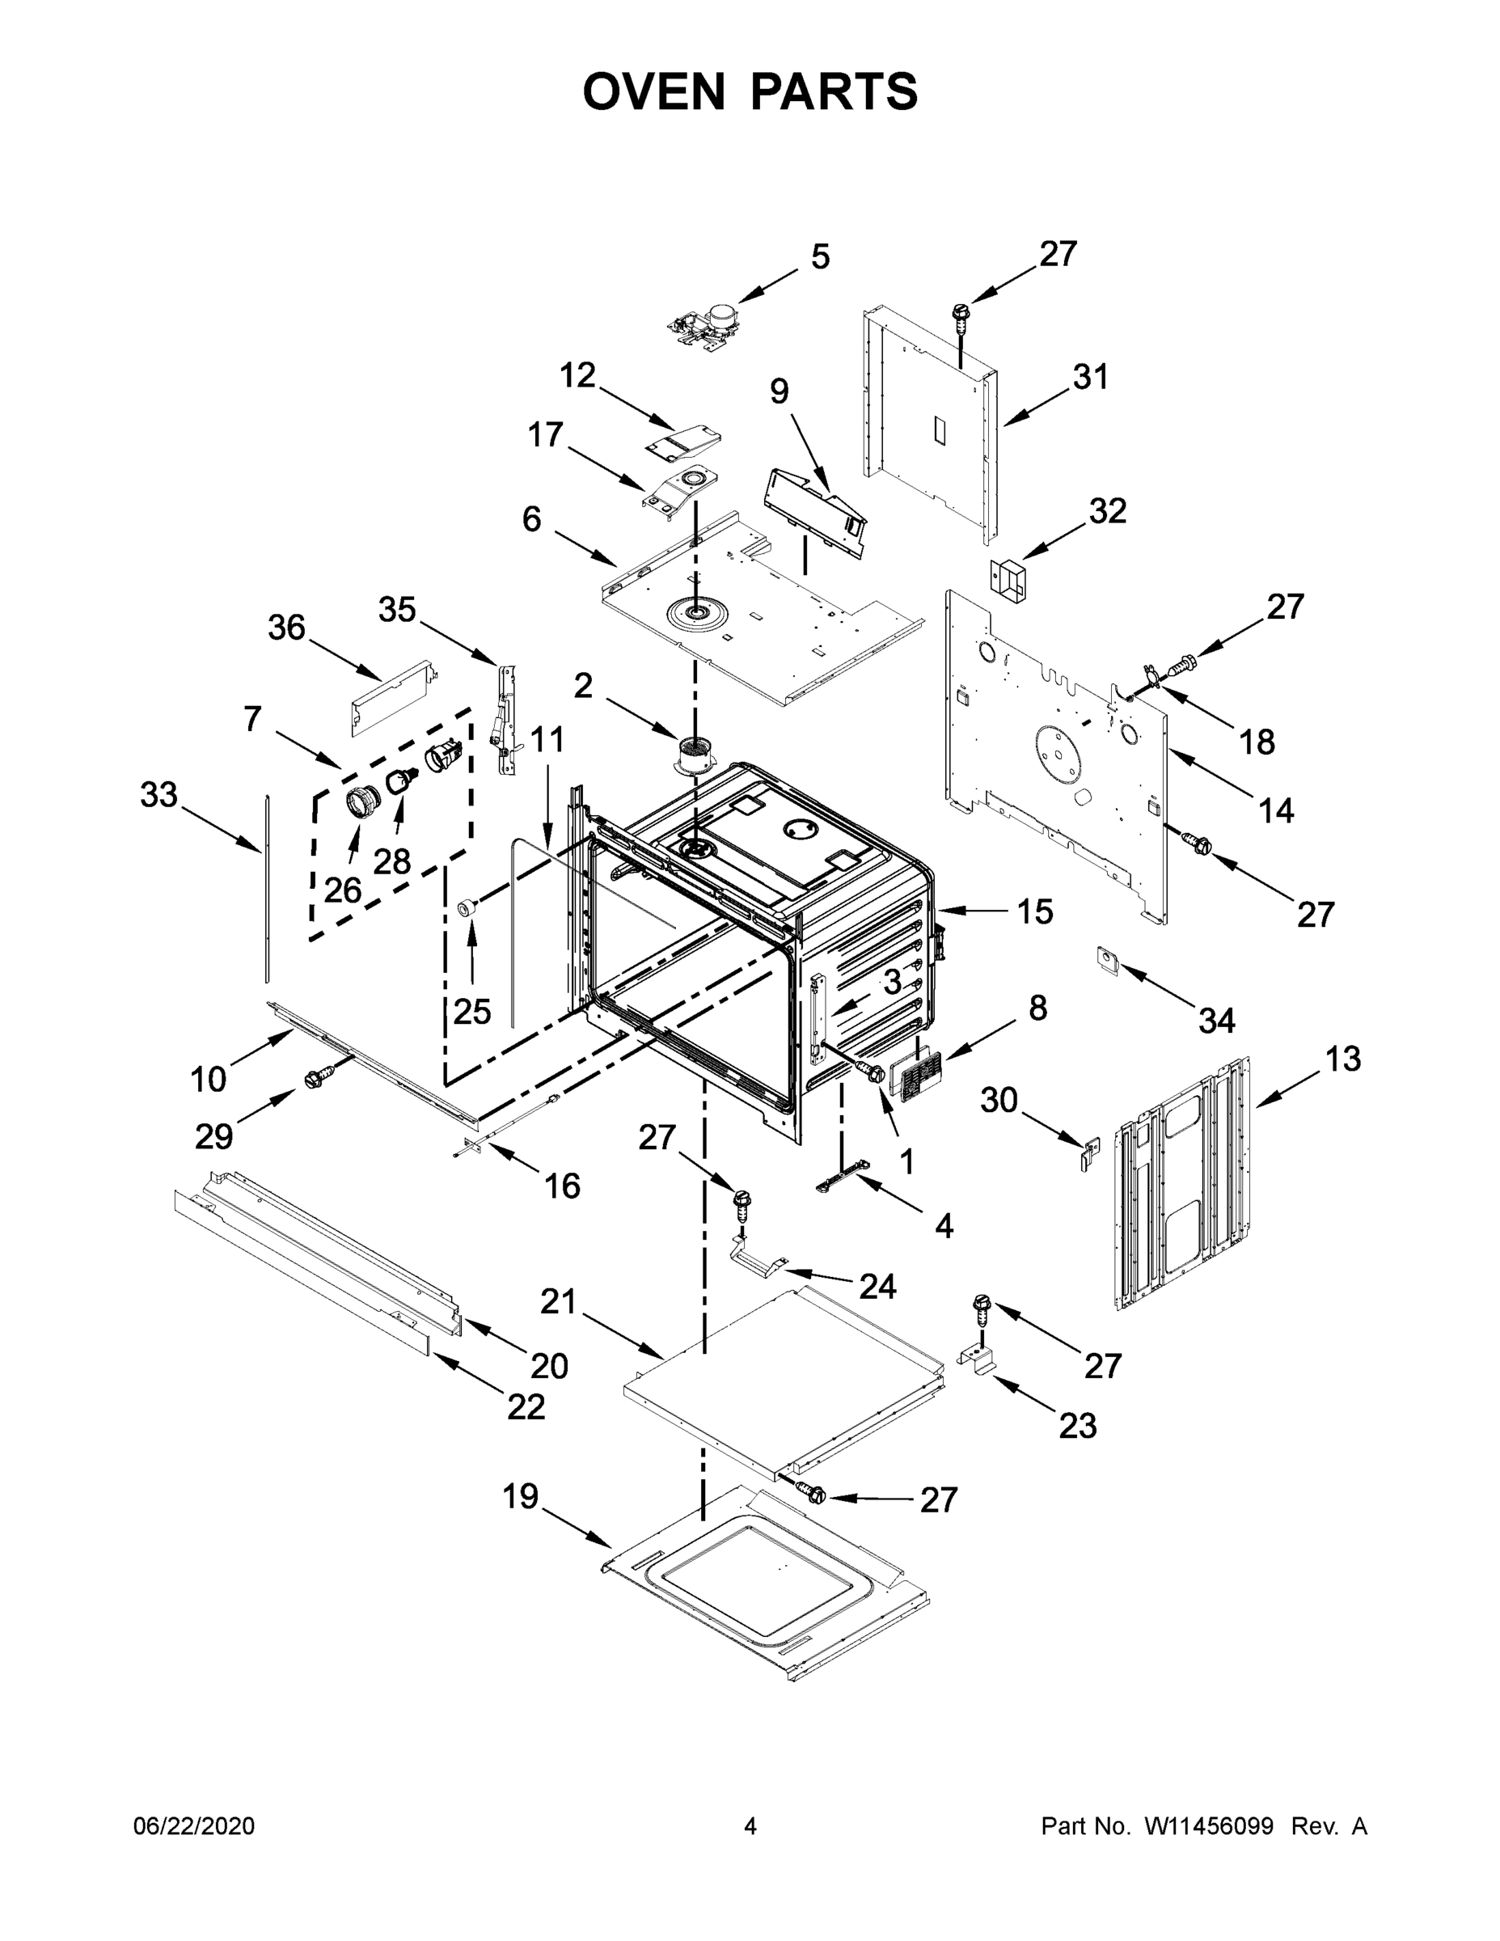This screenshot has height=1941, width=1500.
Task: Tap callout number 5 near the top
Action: click(x=819, y=257)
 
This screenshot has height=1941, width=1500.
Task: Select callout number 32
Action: click(x=1107, y=511)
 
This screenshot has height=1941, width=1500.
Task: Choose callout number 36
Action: click(x=286, y=628)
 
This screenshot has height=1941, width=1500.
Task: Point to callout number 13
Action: click(x=1342, y=1059)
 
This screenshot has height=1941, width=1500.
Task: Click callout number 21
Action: click(x=559, y=1302)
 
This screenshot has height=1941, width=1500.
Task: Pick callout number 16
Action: click(x=562, y=1186)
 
